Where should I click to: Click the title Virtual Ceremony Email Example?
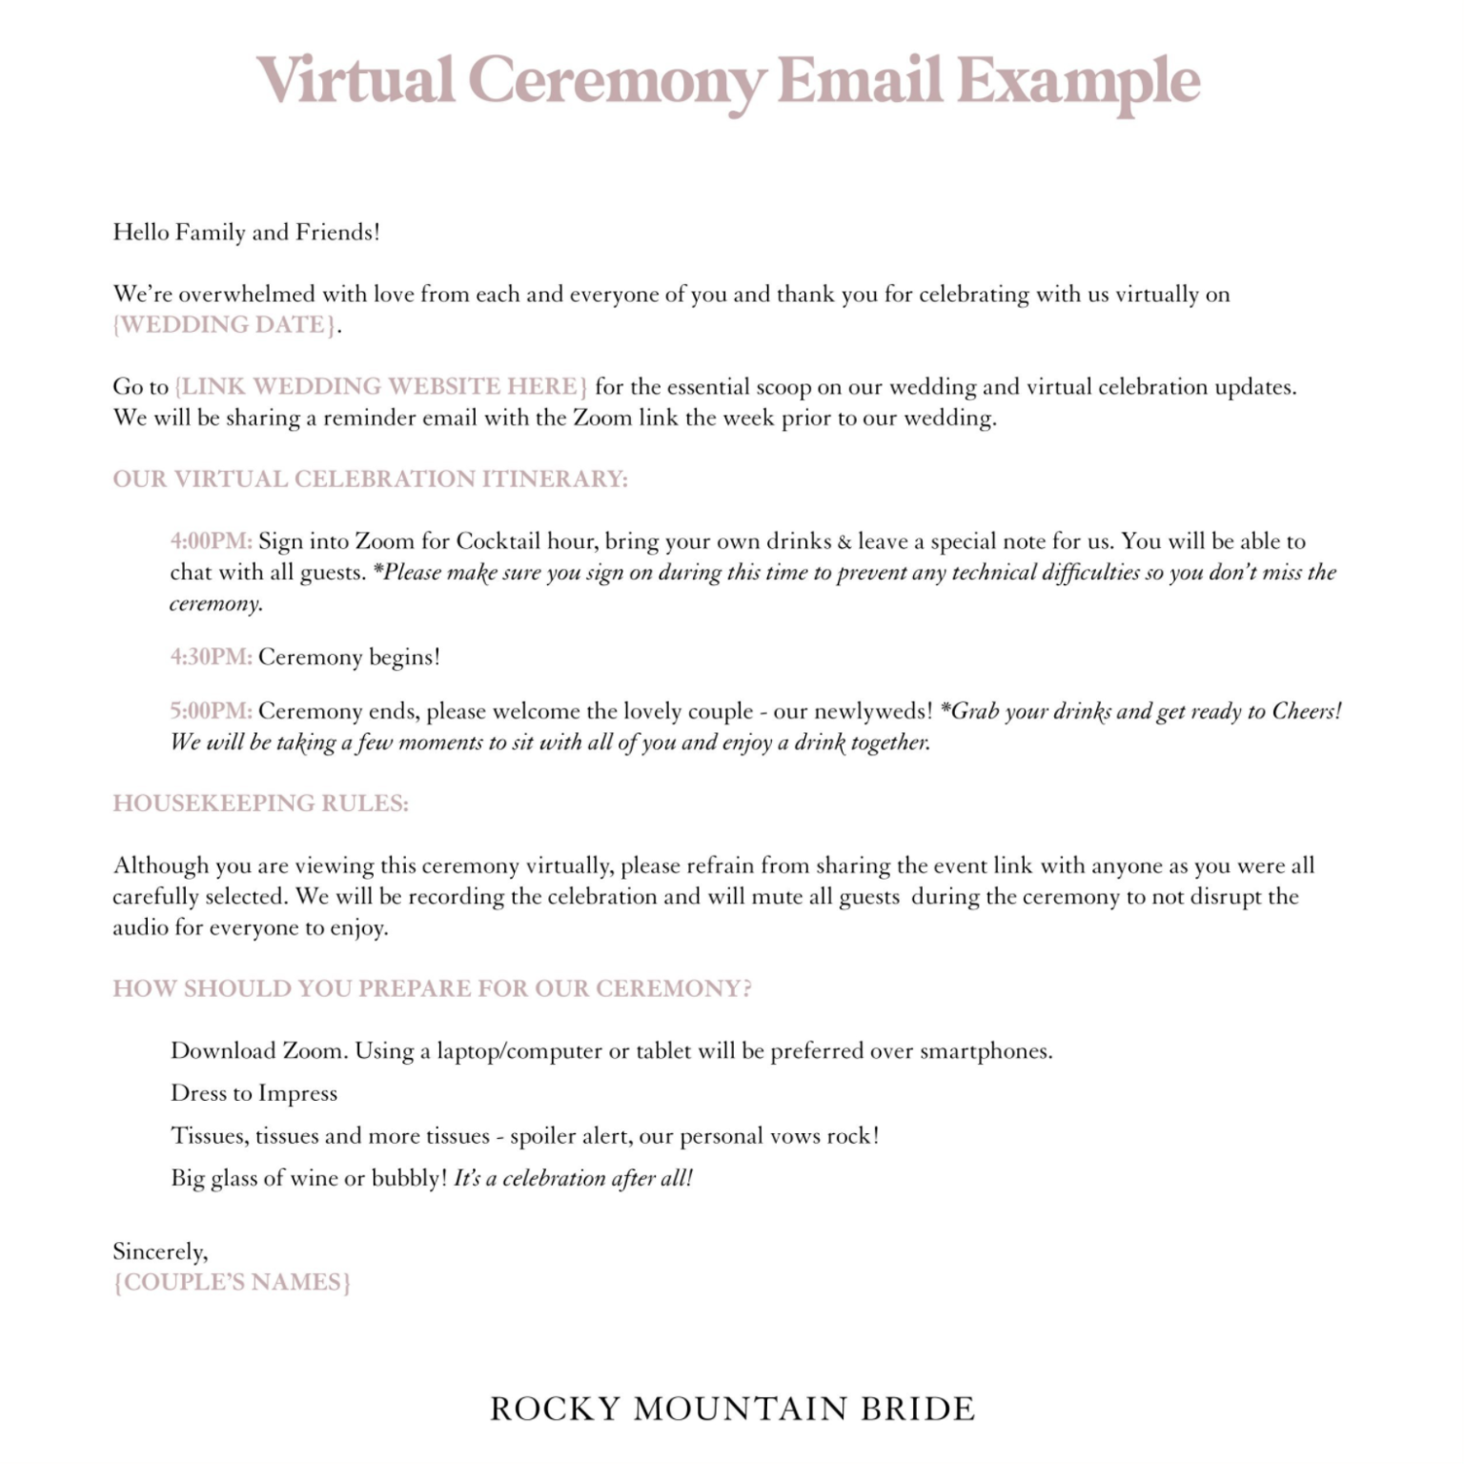coord(728,80)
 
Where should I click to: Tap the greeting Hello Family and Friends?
coord(246,233)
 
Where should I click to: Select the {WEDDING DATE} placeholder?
coord(225,325)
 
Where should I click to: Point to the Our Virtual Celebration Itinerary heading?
coord(370,479)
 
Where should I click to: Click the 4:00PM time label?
coord(211,541)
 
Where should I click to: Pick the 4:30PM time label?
coord(211,658)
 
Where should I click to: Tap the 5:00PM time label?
coord(211,712)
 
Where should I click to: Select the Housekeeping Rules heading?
coord(260,803)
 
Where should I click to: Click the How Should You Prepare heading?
coord(432,988)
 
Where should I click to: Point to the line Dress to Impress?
coord(254,1093)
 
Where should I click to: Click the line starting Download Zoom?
coord(611,1051)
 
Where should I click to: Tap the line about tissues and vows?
coord(524,1136)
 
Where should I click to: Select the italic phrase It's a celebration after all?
coord(573,1178)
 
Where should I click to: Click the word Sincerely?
coord(160,1251)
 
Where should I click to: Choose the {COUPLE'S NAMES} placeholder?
coord(232,1282)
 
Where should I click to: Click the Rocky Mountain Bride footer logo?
coord(732,1409)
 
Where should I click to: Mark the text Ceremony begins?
coord(349,658)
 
